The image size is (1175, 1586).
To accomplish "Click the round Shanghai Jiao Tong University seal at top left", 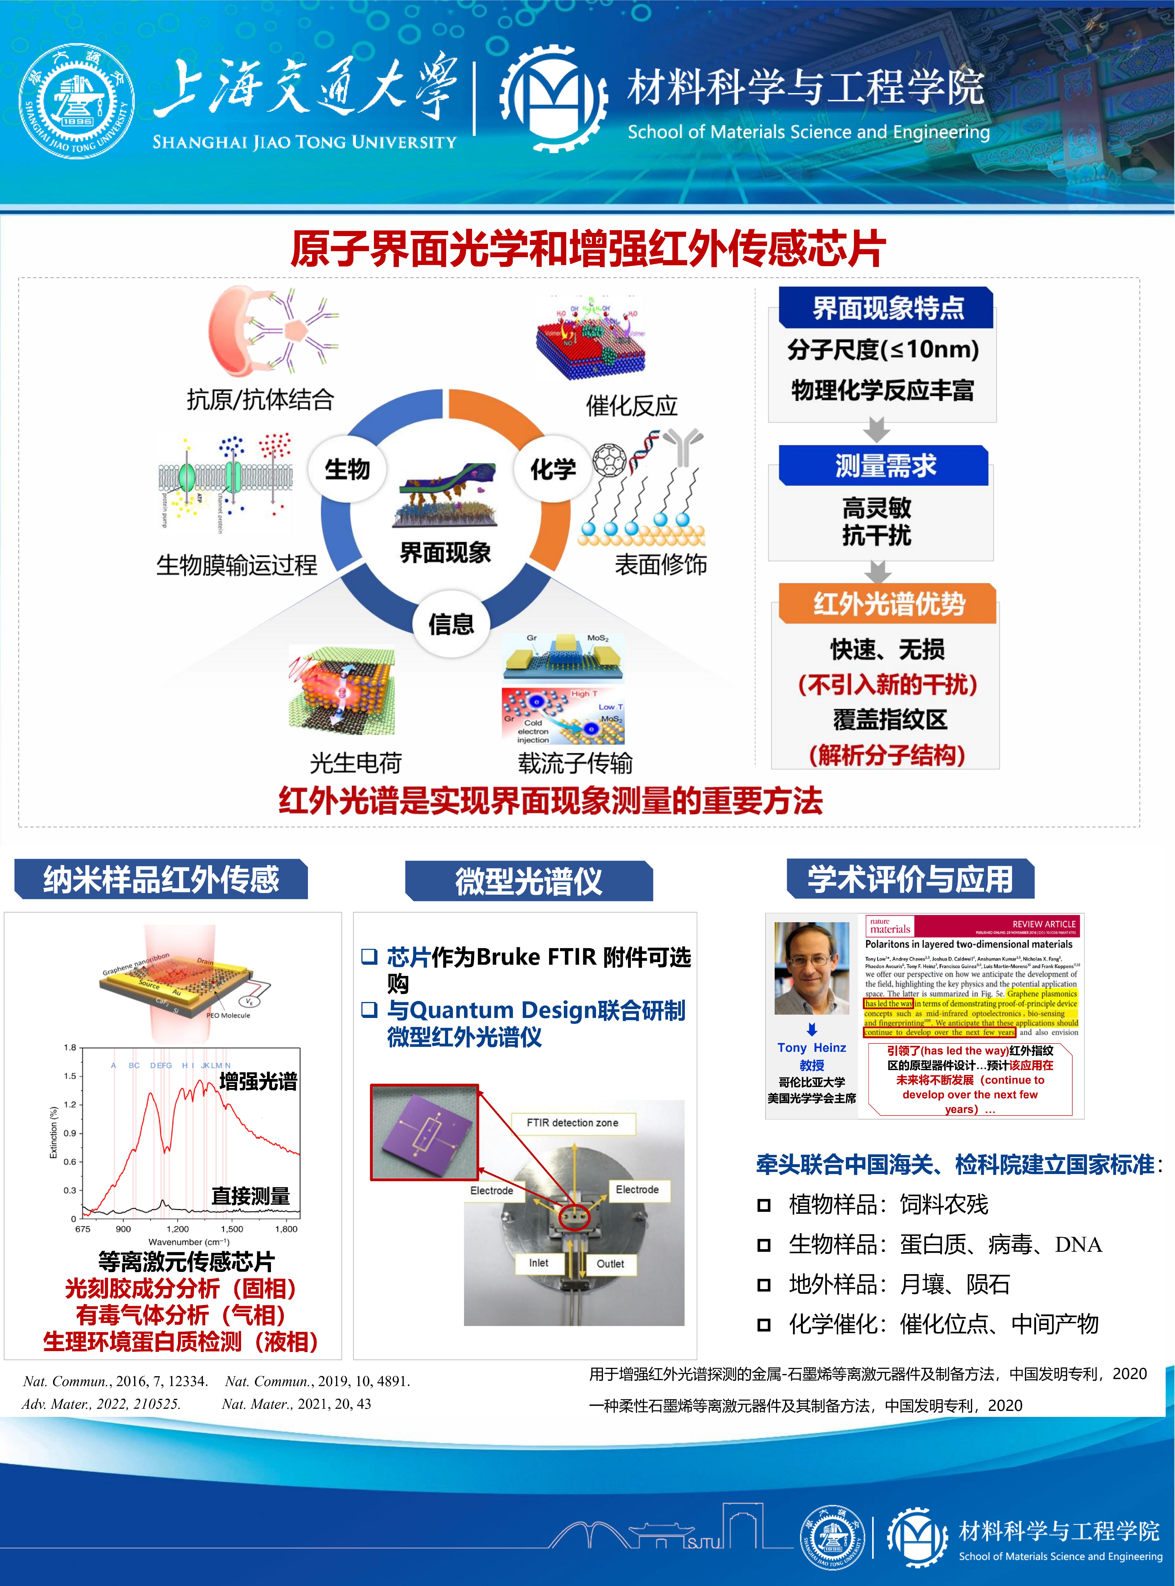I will [76, 102].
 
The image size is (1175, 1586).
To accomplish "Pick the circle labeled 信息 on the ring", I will [451, 624].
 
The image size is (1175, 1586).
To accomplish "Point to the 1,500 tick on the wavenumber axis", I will [232, 1228].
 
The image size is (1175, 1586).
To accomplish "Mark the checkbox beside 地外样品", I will [764, 1284].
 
